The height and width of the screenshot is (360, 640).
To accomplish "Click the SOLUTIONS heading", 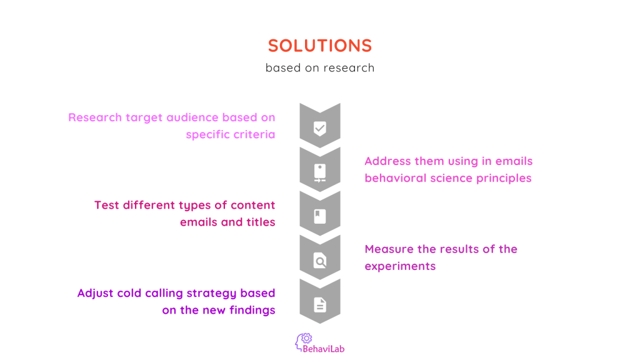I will [319, 46].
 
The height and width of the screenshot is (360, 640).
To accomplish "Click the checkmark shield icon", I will [319, 128].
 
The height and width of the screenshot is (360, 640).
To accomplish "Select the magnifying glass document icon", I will [319, 261].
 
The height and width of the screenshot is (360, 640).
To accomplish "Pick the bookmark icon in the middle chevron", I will [319, 216].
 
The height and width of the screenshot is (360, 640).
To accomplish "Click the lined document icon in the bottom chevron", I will [319, 304].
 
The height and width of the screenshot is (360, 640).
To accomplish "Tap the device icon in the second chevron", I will [319, 172].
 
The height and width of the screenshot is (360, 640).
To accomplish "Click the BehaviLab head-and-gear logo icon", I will [303, 340].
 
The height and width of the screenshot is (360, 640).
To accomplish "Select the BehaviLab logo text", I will [324, 349].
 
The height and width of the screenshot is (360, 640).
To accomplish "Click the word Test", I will [107, 205].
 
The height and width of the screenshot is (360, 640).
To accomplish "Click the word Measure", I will [389, 249].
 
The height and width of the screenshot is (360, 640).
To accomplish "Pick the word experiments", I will [400, 266].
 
